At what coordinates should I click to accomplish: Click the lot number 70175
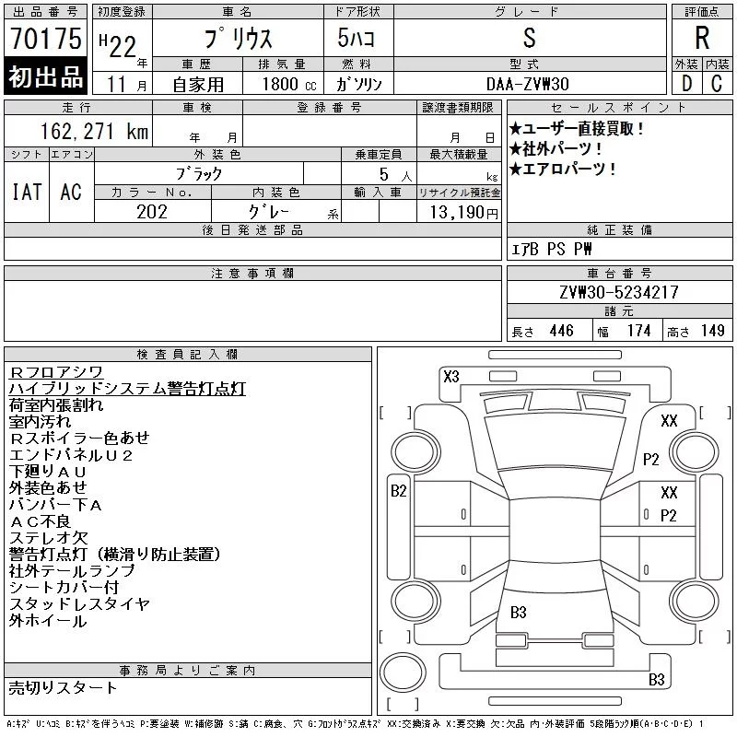tap(45, 38)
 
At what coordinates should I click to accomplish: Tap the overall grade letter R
tap(702, 38)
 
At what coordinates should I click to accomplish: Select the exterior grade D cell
tap(686, 84)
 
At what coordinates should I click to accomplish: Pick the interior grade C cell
tap(717, 84)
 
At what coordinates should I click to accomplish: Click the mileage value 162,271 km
tap(94, 131)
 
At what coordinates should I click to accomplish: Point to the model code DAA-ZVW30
tap(527, 84)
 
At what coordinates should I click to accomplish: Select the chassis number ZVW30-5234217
tap(619, 292)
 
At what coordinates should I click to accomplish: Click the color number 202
tap(152, 212)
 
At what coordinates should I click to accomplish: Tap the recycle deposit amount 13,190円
tap(463, 213)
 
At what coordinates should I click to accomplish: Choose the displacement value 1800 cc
tap(289, 84)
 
